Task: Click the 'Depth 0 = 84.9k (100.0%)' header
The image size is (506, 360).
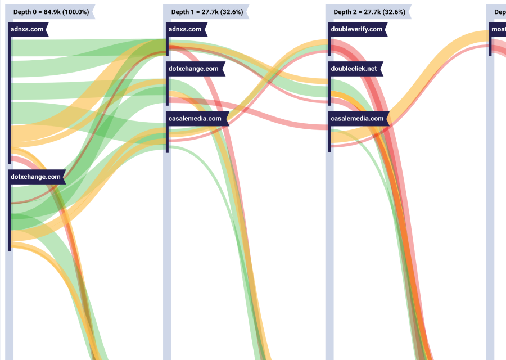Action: pyautogui.click(x=51, y=12)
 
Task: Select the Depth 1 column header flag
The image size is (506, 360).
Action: pyautogui.click(x=207, y=12)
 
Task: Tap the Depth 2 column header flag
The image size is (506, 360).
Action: pyautogui.click(x=369, y=12)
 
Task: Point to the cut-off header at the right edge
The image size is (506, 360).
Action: pyautogui.click(x=498, y=12)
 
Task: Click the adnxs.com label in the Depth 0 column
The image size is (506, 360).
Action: pyautogui.click(x=27, y=29)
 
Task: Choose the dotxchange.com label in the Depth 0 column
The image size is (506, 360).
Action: pyautogui.click(x=35, y=177)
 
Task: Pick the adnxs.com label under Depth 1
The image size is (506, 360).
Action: pyautogui.click(x=185, y=29)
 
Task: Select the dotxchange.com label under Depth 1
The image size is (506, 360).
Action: pyautogui.click(x=193, y=69)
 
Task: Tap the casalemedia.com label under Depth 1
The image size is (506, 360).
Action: pyautogui.click(x=195, y=119)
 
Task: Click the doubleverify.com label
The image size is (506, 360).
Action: pyautogui.click(x=356, y=29)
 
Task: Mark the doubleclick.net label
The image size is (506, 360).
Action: pyautogui.click(x=354, y=69)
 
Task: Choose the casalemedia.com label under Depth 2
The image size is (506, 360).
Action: pyautogui.click(x=357, y=119)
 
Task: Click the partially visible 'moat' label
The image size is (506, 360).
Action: pyautogui.click(x=498, y=29)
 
